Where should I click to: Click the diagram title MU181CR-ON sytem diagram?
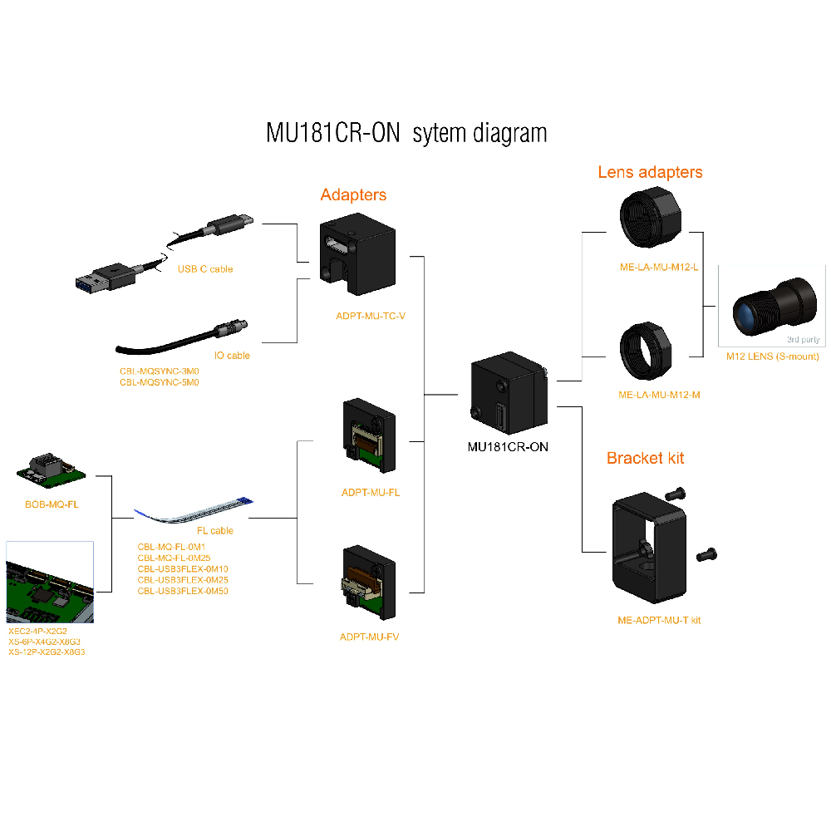tap(406, 133)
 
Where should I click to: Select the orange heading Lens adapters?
tap(650, 172)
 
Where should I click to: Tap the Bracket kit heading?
tap(645, 458)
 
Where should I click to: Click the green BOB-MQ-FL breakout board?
tap(52, 470)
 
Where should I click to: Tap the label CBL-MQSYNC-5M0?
tap(159, 382)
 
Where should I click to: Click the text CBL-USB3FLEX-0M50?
tap(182, 591)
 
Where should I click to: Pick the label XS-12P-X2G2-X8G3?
tap(47, 652)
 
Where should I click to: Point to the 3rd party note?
tap(802, 339)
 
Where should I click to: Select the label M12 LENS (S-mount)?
tap(772, 356)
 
